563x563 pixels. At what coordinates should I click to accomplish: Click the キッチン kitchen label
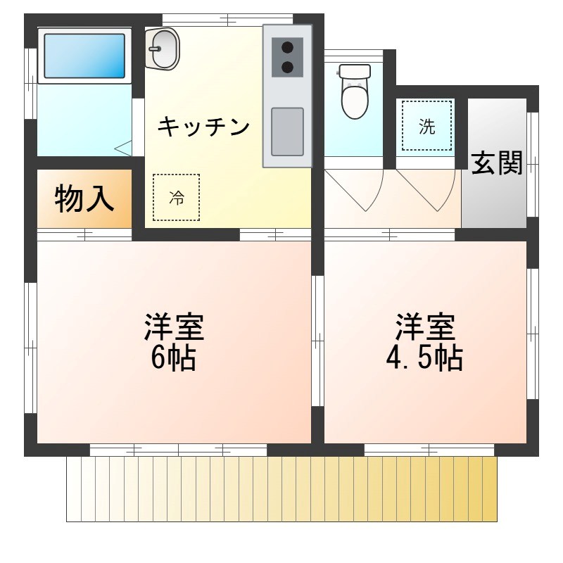coord(203,127)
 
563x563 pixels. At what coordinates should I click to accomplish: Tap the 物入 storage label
coord(84,199)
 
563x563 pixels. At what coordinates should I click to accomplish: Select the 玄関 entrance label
coord(497,163)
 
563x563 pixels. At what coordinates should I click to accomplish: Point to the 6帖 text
coord(173,359)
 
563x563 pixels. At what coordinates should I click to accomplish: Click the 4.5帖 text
coord(424,359)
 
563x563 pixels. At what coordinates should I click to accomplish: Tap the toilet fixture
coord(355,91)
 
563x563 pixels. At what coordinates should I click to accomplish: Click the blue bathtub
coord(84,54)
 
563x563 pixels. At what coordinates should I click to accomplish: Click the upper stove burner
coord(287,48)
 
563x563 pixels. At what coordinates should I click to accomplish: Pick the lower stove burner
coord(287,68)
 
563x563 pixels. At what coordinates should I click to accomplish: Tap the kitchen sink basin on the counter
coord(287,132)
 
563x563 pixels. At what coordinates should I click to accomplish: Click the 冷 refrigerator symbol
coord(176,198)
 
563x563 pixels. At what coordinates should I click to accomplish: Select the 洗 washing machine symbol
coord(427,126)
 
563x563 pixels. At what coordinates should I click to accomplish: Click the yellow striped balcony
coord(281,489)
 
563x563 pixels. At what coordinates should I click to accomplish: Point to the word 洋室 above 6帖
coord(174,327)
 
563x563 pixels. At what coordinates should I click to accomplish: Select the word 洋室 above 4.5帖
coord(424,327)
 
